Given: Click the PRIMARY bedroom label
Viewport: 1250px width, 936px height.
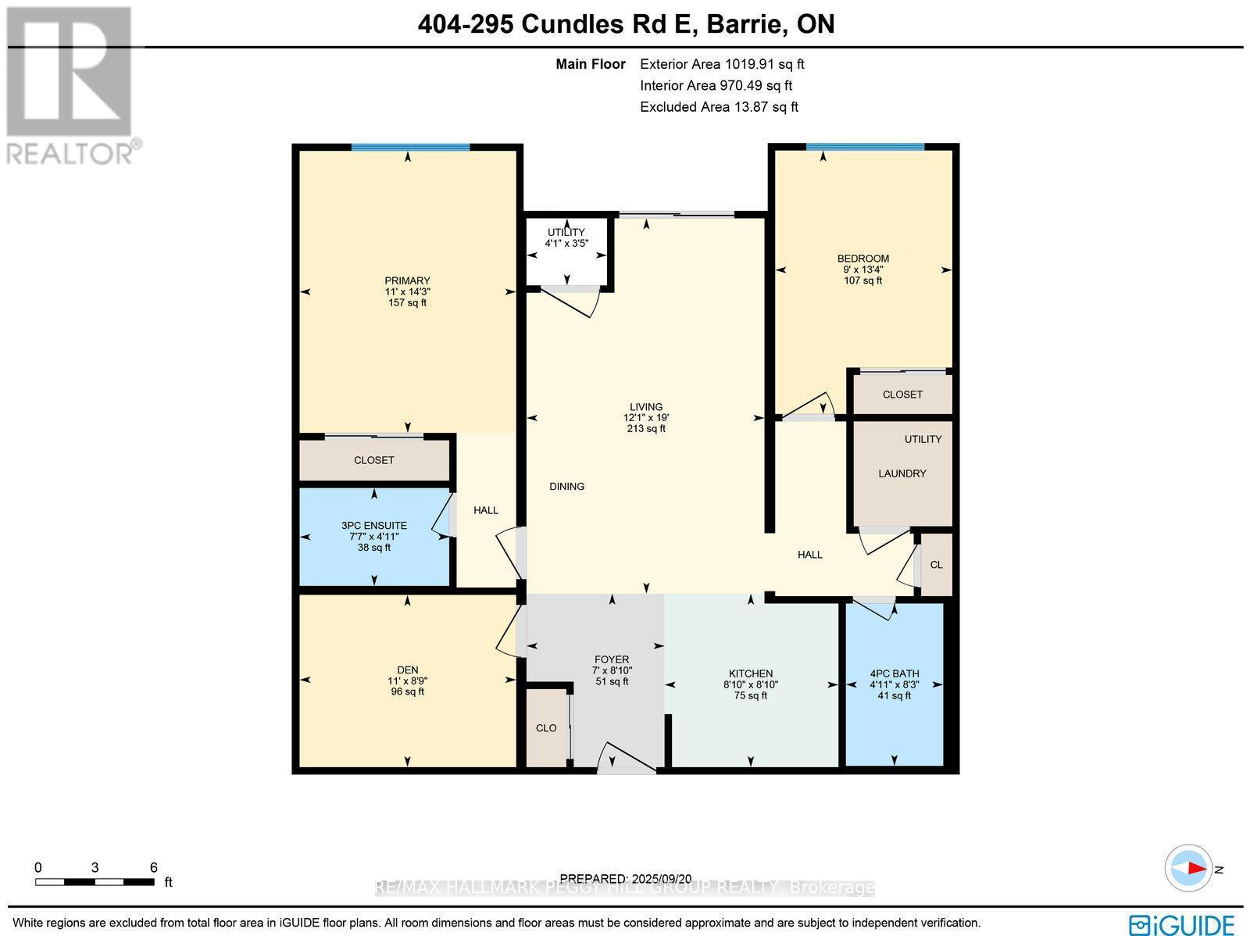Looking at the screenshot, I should click(407, 281).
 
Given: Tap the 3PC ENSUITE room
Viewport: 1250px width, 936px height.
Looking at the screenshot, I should click(374, 536).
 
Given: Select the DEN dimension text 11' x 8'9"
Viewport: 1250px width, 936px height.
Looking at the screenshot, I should click(407, 681).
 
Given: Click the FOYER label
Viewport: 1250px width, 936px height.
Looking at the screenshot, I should click(612, 660).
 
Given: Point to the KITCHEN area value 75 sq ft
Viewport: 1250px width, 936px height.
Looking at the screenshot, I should click(750, 695).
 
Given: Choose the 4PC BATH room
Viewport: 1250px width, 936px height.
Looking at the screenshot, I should click(895, 684).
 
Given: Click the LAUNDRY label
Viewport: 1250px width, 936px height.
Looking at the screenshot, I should click(902, 473).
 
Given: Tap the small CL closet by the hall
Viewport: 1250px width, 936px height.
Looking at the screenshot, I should click(936, 565).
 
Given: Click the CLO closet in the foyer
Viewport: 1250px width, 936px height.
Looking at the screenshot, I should click(546, 728).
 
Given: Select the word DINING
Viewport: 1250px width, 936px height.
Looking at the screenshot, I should click(566, 486).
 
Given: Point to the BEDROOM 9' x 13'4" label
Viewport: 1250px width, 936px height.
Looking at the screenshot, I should click(862, 269).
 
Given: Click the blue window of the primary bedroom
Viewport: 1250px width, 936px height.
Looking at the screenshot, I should click(410, 147).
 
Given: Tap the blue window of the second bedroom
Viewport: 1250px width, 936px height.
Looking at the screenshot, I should click(865, 146).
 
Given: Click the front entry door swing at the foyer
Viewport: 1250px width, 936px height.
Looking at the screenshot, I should click(625, 759).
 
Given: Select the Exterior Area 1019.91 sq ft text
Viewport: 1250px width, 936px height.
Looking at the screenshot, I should click(722, 65).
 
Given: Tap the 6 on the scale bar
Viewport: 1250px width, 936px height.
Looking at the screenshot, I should click(153, 867).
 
